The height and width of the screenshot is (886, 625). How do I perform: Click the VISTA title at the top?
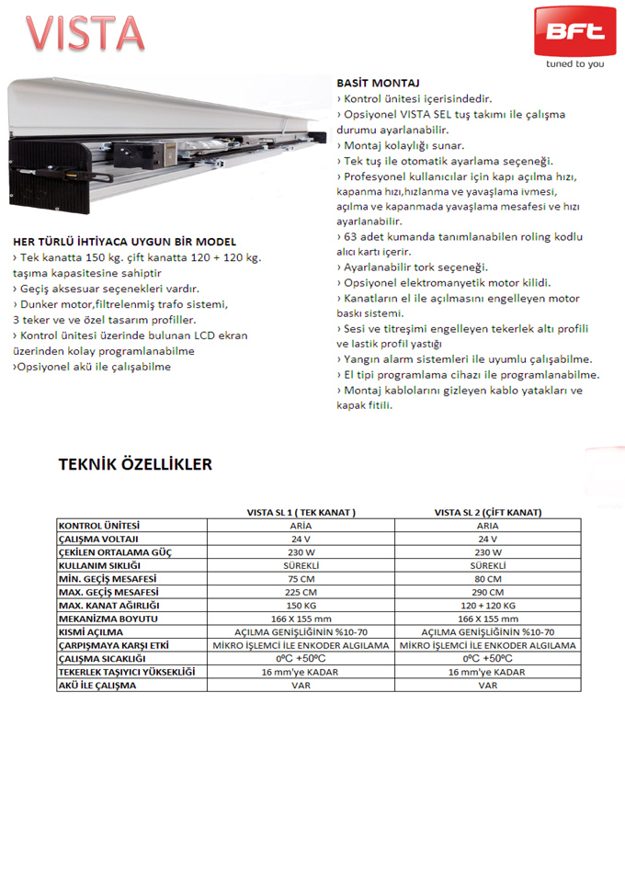point(85,34)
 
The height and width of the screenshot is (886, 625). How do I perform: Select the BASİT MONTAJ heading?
point(379,83)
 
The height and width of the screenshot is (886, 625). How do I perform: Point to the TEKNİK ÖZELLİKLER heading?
point(135,464)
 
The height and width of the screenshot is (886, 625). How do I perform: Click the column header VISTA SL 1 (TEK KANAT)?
point(301,512)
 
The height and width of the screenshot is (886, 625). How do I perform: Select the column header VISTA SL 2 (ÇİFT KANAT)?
point(488,512)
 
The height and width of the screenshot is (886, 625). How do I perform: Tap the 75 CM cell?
point(301,579)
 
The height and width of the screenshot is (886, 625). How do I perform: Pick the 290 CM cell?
point(488,593)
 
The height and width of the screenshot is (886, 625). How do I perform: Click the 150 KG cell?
point(301,606)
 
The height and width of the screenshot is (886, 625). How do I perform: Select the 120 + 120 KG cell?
point(488,606)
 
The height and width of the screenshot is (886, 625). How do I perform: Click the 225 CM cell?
point(301,593)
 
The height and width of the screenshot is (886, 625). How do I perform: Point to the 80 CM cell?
point(488,579)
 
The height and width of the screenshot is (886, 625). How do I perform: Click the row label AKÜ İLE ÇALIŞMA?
point(97,686)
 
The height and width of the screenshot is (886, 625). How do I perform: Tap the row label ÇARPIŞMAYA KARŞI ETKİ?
point(113,646)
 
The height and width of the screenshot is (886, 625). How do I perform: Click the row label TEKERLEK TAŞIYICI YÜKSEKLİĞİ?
point(127,673)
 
